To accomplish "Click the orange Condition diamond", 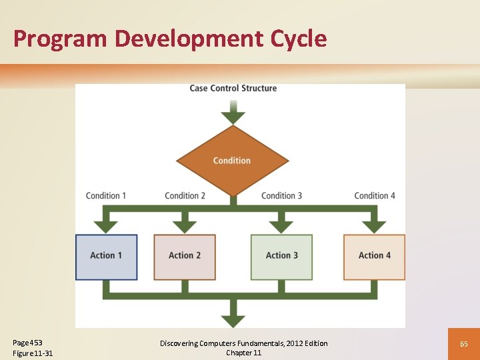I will [232, 161].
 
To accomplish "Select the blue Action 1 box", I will [106, 257].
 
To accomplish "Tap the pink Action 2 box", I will [185, 257].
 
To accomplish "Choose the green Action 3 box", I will [281, 257].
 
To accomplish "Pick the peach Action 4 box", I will [374, 257].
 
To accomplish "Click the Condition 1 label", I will [106, 195].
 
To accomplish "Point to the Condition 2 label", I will [185, 195].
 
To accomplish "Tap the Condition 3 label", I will [281, 195].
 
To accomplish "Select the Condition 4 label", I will [375, 195].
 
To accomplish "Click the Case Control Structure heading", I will [233, 88].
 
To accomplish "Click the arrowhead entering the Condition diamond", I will [233, 117].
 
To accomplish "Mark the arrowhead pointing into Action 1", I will [106, 226].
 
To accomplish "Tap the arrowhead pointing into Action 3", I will [281, 226].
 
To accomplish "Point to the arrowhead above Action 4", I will [374, 226].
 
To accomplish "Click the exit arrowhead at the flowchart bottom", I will [233, 318].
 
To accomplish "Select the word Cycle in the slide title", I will [299, 39].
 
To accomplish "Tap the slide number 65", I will [464, 343].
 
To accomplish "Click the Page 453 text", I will [27, 343].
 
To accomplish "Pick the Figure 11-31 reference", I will [33, 353].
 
